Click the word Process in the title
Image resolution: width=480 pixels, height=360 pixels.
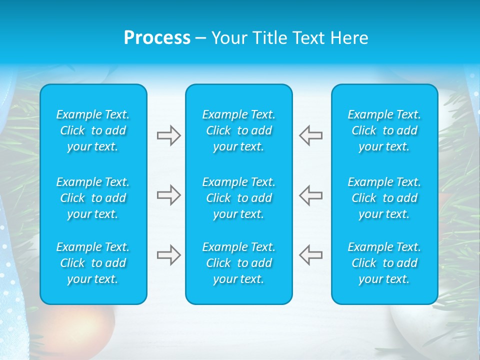[157, 38]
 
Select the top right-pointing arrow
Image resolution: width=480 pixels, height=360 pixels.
[168, 135]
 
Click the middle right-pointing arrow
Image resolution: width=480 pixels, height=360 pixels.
[168, 195]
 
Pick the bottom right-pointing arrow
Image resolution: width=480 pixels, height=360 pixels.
[168, 255]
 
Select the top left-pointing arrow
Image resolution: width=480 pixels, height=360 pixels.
[311, 135]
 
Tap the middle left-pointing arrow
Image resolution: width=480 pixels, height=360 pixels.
[311, 195]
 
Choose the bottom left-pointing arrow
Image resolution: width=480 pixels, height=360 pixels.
[311, 255]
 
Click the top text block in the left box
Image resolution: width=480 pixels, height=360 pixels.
[93, 130]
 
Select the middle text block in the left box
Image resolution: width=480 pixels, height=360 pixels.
[93, 198]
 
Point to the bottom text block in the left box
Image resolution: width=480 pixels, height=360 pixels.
[93, 263]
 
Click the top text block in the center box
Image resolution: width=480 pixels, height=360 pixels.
[239, 130]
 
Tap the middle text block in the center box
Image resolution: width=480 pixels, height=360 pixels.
[239, 198]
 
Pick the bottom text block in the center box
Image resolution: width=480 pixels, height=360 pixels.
[239, 263]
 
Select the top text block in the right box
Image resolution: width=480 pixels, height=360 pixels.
[384, 130]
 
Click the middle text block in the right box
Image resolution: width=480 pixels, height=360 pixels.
[384, 198]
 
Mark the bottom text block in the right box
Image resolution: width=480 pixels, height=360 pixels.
[384, 263]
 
